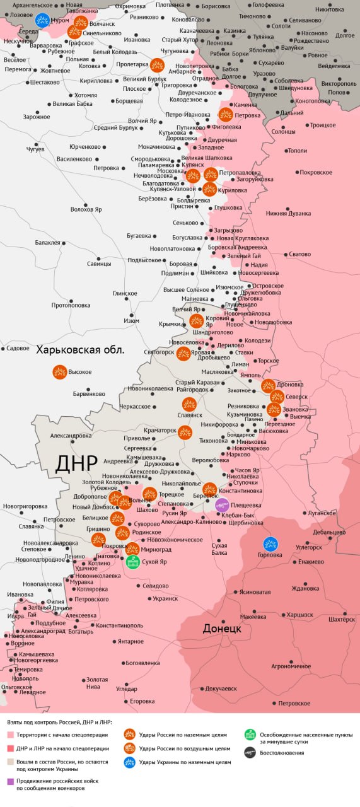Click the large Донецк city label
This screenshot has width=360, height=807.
221,629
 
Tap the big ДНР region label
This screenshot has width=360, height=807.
76,463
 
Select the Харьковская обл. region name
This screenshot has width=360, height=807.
80,350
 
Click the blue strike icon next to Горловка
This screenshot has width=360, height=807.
270,543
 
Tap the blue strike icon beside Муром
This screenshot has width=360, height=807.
42,20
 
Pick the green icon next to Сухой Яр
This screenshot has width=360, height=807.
132,562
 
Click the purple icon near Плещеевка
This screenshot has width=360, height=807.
223,504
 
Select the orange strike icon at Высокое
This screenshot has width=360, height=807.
59,372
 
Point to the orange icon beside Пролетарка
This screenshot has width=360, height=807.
158,65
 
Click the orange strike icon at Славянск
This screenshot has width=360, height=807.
189,404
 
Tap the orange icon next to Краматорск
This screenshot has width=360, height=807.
185,432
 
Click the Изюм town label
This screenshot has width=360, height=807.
131,321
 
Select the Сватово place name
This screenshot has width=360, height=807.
299,254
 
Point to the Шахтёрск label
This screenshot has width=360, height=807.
341,620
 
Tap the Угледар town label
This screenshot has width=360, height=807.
126,689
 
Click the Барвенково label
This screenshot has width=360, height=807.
89,393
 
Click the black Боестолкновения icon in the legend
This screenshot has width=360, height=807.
250,752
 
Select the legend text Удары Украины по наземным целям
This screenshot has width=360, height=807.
185,762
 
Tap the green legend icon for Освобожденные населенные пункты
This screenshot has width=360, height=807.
250,734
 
